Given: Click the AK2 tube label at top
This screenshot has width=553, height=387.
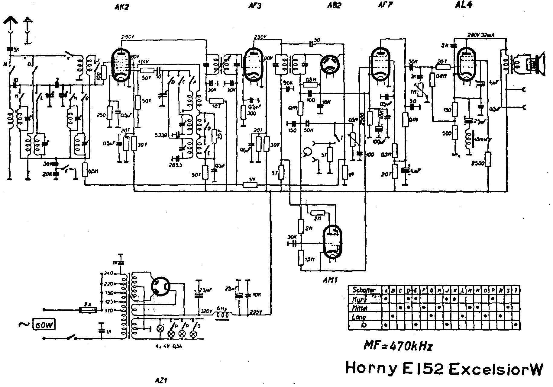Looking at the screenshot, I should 122,7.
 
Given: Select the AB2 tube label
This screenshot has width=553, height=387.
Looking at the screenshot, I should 334,6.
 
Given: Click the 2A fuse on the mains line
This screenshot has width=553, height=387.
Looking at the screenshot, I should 88,310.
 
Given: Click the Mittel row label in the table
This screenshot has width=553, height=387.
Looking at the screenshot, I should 360,308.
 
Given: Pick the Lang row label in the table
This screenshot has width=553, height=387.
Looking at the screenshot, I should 359,317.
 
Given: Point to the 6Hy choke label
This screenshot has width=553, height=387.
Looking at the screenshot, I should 222,309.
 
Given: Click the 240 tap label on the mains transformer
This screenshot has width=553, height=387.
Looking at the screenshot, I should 108,273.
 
